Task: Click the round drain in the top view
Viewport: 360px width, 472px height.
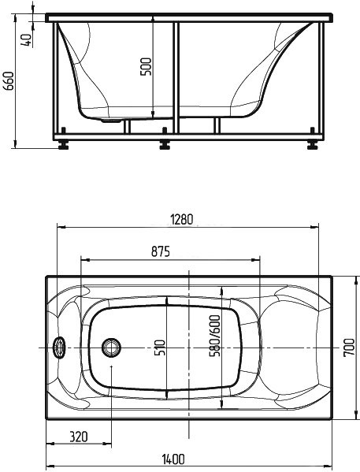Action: click(x=113, y=346)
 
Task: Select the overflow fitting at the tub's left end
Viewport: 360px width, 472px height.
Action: click(x=58, y=346)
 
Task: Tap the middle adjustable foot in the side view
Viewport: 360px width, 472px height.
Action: click(x=165, y=144)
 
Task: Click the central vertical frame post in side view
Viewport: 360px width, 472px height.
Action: click(x=176, y=79)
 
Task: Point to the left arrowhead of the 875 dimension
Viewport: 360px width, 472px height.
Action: click(x=85, y=259)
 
